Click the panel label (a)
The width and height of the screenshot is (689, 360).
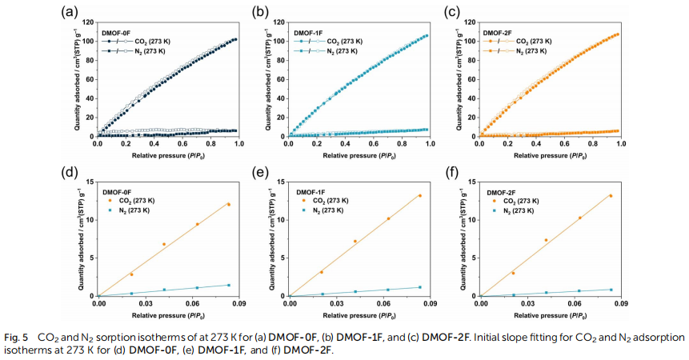coord(70,10)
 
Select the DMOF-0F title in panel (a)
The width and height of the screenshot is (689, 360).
coord(117,32)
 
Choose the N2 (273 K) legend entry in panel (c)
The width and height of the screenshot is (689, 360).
coord(528,50)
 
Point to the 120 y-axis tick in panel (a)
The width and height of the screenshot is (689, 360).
coord(88,21)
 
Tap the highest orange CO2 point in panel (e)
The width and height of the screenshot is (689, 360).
coord(419,196)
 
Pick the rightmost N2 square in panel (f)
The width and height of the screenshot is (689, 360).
coord(611,290)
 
